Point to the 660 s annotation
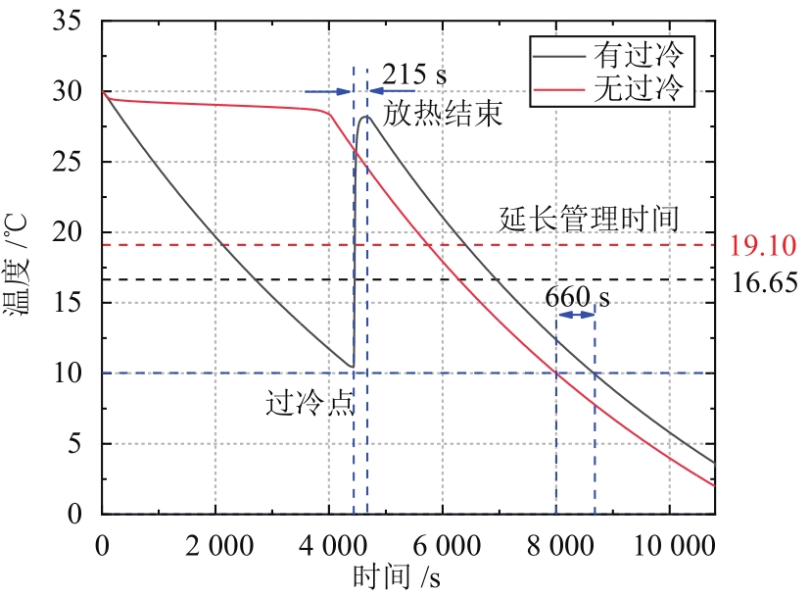(x=578, y=296)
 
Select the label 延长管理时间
(x=589, y=218)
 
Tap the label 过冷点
(x=309, y=404)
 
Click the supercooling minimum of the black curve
(x=351, y=368)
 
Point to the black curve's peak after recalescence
(x=367, y=117)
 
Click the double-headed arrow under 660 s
(x=575, y=314)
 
